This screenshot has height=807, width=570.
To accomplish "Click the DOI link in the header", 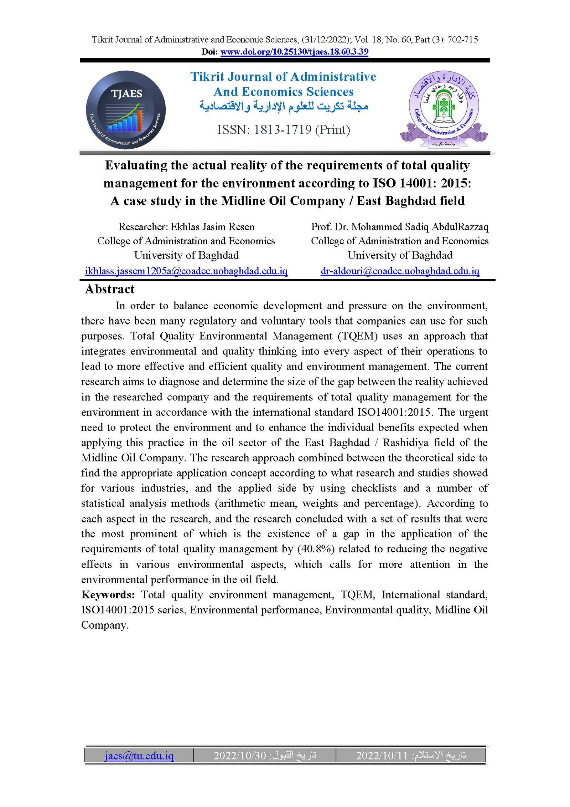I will pos(294,52).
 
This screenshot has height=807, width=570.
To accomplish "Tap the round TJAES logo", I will pos(126,110).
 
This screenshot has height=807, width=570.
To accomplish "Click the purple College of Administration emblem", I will pos(444,109).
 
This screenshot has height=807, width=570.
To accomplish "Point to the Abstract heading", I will pos(110,289).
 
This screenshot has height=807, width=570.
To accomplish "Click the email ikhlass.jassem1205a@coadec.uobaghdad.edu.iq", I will pos(186,271).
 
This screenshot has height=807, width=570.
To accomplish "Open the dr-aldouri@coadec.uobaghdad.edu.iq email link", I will pos(400,271).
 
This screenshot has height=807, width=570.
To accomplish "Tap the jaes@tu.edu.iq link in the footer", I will pos(139,755).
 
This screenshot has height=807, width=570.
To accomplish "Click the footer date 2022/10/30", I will pos(240,755).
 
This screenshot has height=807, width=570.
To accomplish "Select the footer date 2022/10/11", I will pos(382,755).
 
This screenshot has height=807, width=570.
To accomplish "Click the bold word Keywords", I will pos(108,595).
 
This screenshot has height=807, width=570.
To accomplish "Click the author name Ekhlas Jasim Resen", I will pos(213,227).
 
